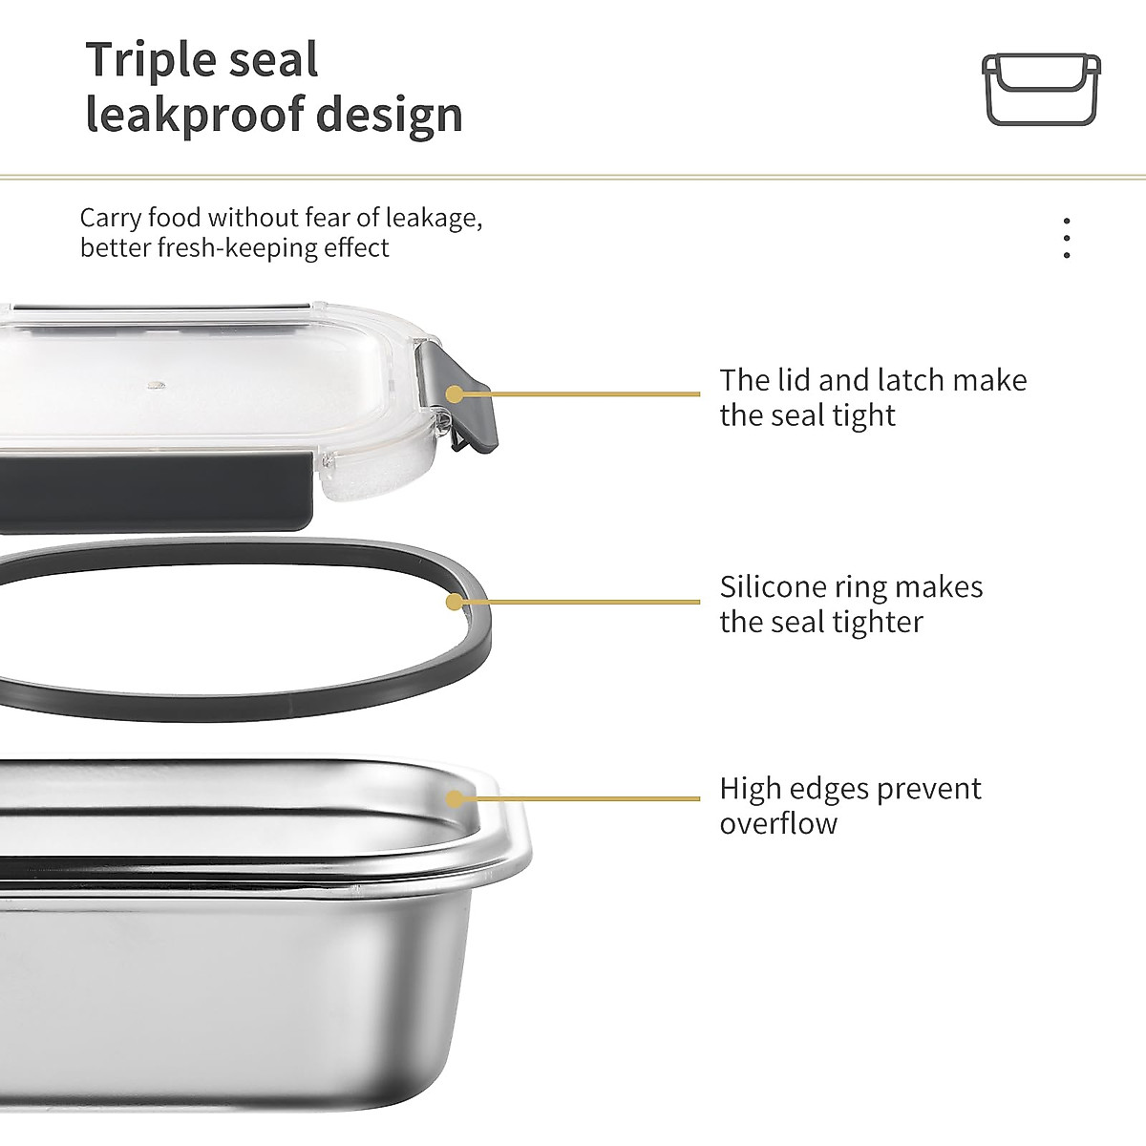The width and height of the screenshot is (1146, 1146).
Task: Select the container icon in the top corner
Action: (x=1041, y=89)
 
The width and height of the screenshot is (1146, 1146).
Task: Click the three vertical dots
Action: (x=1066, y=238)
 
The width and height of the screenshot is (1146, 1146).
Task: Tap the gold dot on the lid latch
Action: (x=455, y=393)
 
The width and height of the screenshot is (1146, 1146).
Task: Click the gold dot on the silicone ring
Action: (x=455, y=602)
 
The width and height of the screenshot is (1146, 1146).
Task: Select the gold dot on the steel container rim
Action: (x=455, y=798)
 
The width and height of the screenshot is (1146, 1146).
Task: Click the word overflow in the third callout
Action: (x=778, y=824)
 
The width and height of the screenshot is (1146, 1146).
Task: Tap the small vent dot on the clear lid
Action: (x=156, y=386)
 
